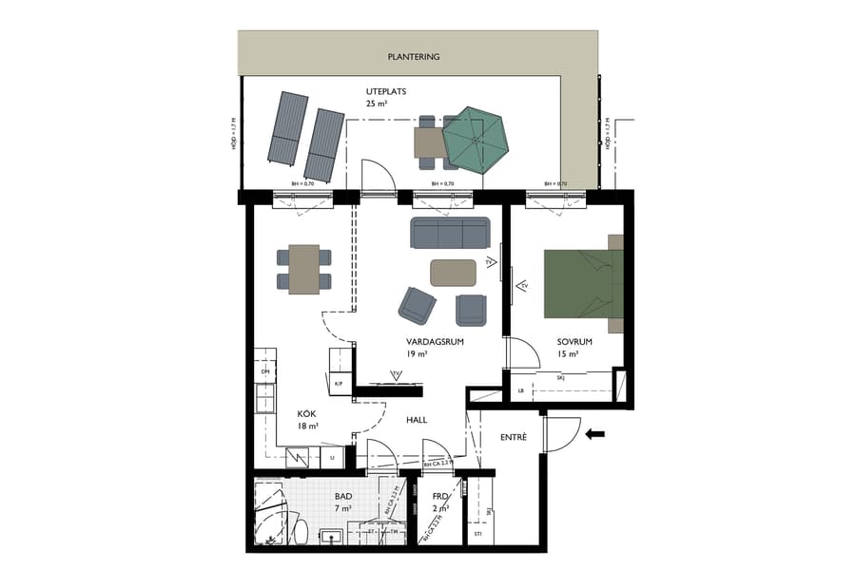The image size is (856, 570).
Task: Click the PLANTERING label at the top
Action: pyautogui.click(x=413, y=57)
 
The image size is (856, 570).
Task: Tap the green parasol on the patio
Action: pyautogui.click(x=476, y=139)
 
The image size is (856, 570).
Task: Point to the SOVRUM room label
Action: pyautogui.click(x=575, y=342)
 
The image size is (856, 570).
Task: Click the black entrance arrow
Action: pyautogui.click(x=595, y=434)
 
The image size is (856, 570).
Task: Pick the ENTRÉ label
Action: pyautogui.click(x=514, y=436)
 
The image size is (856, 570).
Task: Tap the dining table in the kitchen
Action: pyautogui.click(x=304, y=269)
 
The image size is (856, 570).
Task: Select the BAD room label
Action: pyautogui.click(x=343, y=497)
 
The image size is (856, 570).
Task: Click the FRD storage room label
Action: pyautogui.click(x=439, y=497)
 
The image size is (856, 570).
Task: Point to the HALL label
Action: pyautogui.click(x=417, y=419)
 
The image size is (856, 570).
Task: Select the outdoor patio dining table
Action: pyautogui.click(x=428, y=142)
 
